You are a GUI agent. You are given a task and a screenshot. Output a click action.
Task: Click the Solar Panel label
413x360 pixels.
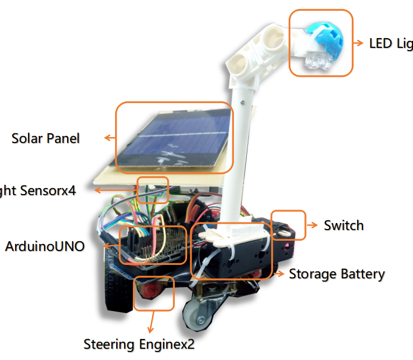point(46,138)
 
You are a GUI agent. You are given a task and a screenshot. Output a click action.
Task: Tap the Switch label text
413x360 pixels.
point(343,225)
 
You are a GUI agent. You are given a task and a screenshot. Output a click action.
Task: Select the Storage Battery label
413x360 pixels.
point(337,274)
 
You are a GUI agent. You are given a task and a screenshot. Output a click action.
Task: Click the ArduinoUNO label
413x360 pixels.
point(45,247)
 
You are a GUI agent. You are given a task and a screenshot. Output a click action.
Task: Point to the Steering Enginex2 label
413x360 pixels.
point(139,343)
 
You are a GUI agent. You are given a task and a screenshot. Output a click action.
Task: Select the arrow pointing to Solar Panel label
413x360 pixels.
point(110,138)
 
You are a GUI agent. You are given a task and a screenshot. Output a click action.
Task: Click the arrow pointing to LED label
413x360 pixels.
point(358,42)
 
